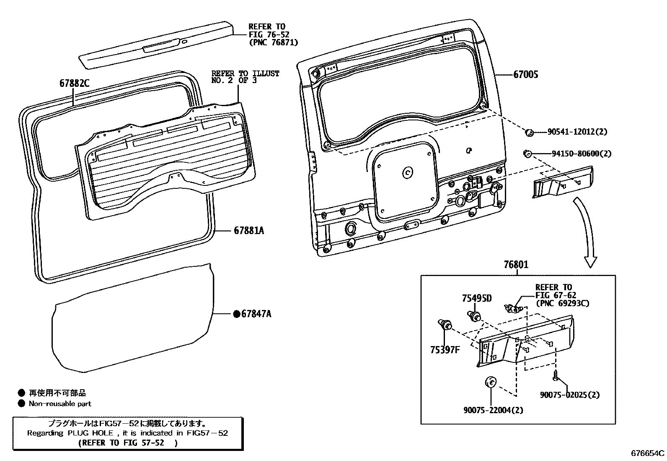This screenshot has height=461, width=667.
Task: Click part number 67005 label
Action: (x=526, y=75)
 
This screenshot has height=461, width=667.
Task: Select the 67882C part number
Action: (x=74, y=83)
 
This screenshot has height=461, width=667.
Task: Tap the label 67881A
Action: (x=249, y=231)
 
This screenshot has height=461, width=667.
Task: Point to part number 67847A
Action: (x=256, y=314)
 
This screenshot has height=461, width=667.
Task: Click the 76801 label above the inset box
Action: (x=516, y=265)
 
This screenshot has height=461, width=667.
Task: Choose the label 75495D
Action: (x=477, y=299)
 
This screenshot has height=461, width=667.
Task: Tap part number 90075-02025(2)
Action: (x=569, y=395)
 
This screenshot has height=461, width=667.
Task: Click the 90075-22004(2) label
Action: (x=493, y=410)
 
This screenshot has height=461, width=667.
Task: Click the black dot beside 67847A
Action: (x=236, y=314)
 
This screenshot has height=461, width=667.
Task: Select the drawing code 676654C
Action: (x=648, y=453)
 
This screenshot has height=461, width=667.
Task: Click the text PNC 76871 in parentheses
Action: (x=273, y=42)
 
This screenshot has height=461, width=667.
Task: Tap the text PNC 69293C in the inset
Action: (x=562, y=303)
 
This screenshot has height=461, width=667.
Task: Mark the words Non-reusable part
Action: (x=59, y=404)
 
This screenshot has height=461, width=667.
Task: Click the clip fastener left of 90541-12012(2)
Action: (x=529, y=133)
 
